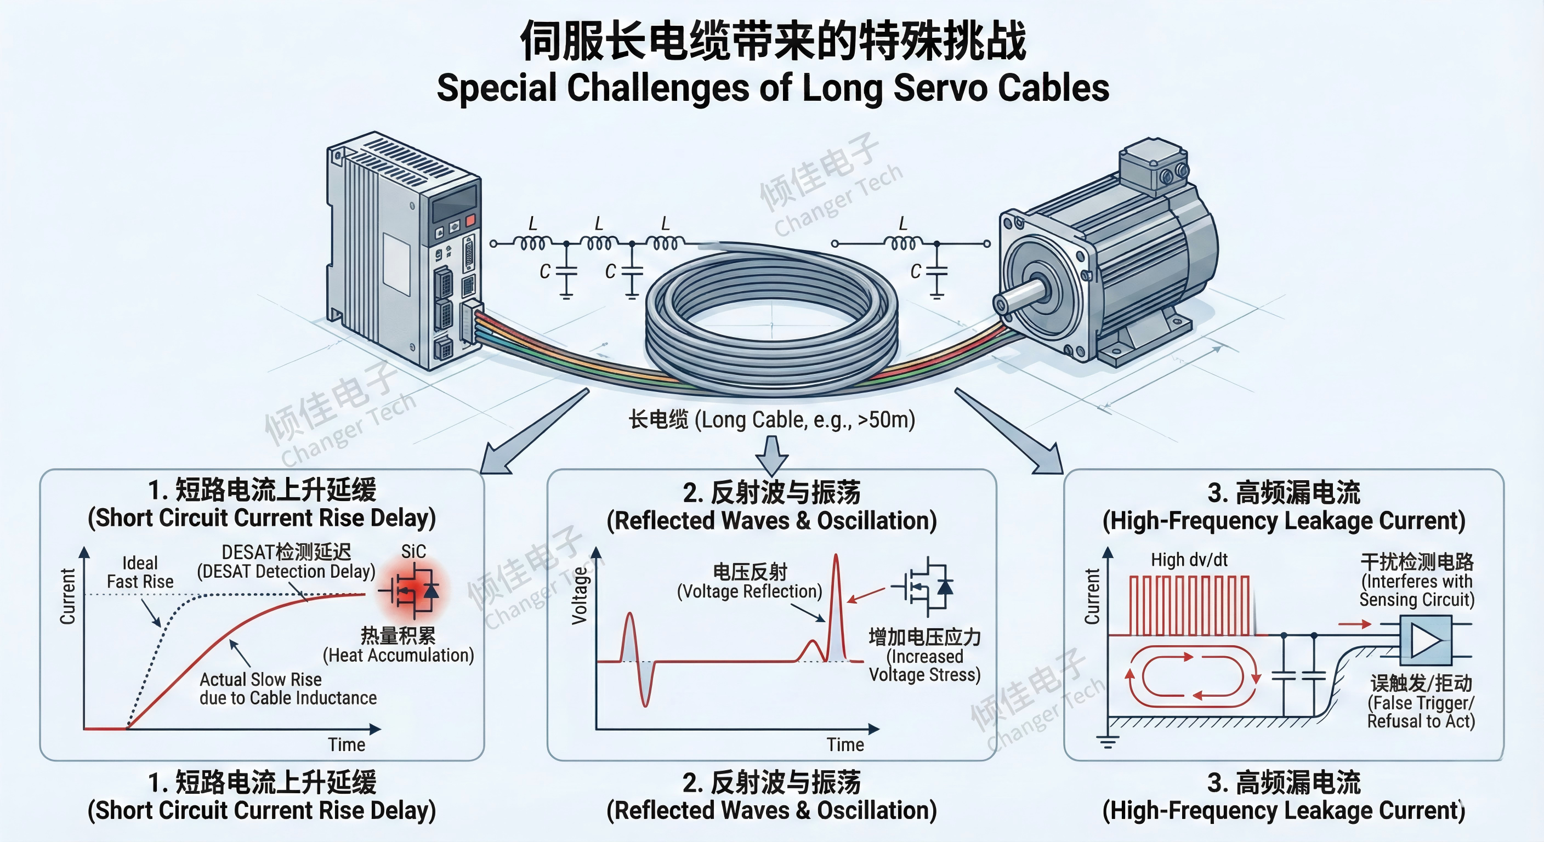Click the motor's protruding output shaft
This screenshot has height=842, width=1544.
coord(1019,296)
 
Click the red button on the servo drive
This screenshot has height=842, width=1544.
coord(470,220)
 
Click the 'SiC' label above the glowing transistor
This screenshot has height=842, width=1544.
coord(413,551)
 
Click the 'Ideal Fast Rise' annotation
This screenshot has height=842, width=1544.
coord(140,572)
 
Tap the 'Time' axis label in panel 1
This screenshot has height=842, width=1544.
coord(347,744)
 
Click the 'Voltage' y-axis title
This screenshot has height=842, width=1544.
coord(579,596)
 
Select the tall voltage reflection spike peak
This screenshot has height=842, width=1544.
coord(836,560)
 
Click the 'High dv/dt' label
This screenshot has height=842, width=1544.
coord(1189,560)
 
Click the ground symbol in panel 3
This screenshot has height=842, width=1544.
coord(1108,742)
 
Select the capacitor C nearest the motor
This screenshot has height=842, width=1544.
coord(936,272)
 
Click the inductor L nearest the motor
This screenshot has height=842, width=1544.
coord(902,243)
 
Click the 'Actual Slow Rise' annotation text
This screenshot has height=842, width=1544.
coord(261,680)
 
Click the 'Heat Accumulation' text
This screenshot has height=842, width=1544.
coord(399,655)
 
